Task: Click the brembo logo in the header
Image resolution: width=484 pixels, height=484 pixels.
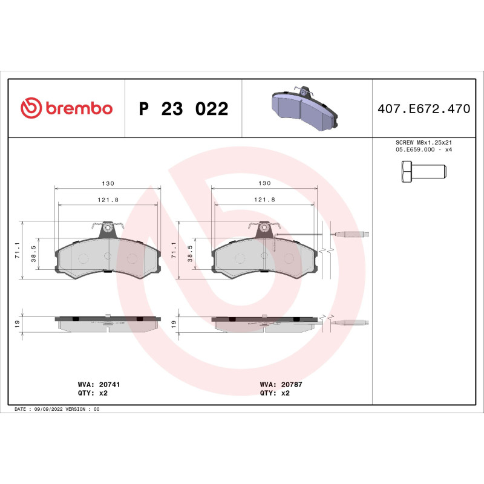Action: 67,108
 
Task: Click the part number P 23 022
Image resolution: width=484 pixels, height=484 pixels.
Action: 183,109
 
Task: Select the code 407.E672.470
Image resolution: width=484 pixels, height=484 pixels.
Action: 423,109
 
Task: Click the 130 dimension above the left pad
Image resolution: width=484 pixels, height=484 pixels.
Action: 108,183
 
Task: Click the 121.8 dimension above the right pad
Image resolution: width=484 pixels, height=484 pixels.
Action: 264,200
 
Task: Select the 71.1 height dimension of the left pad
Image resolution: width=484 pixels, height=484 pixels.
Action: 18,250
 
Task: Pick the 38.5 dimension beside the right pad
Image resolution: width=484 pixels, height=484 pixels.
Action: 191,252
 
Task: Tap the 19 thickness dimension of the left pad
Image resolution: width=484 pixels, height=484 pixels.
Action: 18,324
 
